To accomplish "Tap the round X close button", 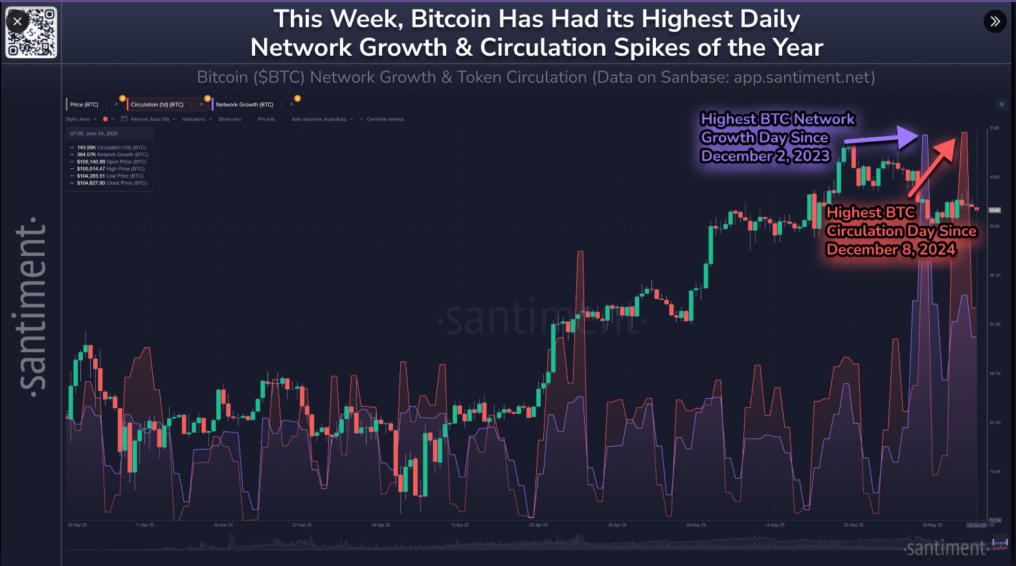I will click(x=17, y=21).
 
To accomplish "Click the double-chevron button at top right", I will click(x=995, y=21).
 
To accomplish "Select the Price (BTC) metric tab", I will click(x=84, y=104).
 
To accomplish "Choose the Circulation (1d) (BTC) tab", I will click(x=157, y=104).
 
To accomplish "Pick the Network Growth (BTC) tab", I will click(x=244, y=104).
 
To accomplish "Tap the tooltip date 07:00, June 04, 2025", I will click(x=95, y=133).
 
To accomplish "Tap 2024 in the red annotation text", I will click(x=936, y=250).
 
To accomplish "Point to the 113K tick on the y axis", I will click(x=995, y=128).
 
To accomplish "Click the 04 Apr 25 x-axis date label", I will click(x=381, y=525).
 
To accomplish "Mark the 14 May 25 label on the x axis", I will click(x=774, y=525).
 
